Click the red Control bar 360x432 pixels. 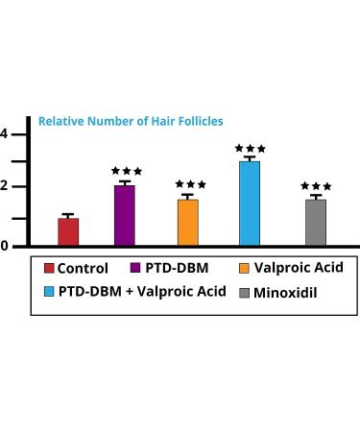(x=68, y=231)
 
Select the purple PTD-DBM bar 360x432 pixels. (x=125, y=216)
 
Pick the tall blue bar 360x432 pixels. (x=250, y=204)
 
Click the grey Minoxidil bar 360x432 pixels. (x=316, y=223)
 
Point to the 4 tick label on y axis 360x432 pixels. (x=5, y=133)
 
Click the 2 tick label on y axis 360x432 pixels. (x=5, y=186)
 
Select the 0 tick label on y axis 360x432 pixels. (x=5, y=246)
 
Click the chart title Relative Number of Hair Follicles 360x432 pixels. (x=131, y=122)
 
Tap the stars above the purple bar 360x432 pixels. (x=126, y=170)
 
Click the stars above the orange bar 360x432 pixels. (x=190, y=183)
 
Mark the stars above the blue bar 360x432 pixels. (x=250, y=149)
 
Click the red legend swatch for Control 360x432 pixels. (x=47, y=269)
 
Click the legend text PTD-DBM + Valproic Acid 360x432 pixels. (x=142, y=290)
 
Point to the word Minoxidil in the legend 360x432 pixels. (x=290, y=290)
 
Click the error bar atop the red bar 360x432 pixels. (x=68, y=216)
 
